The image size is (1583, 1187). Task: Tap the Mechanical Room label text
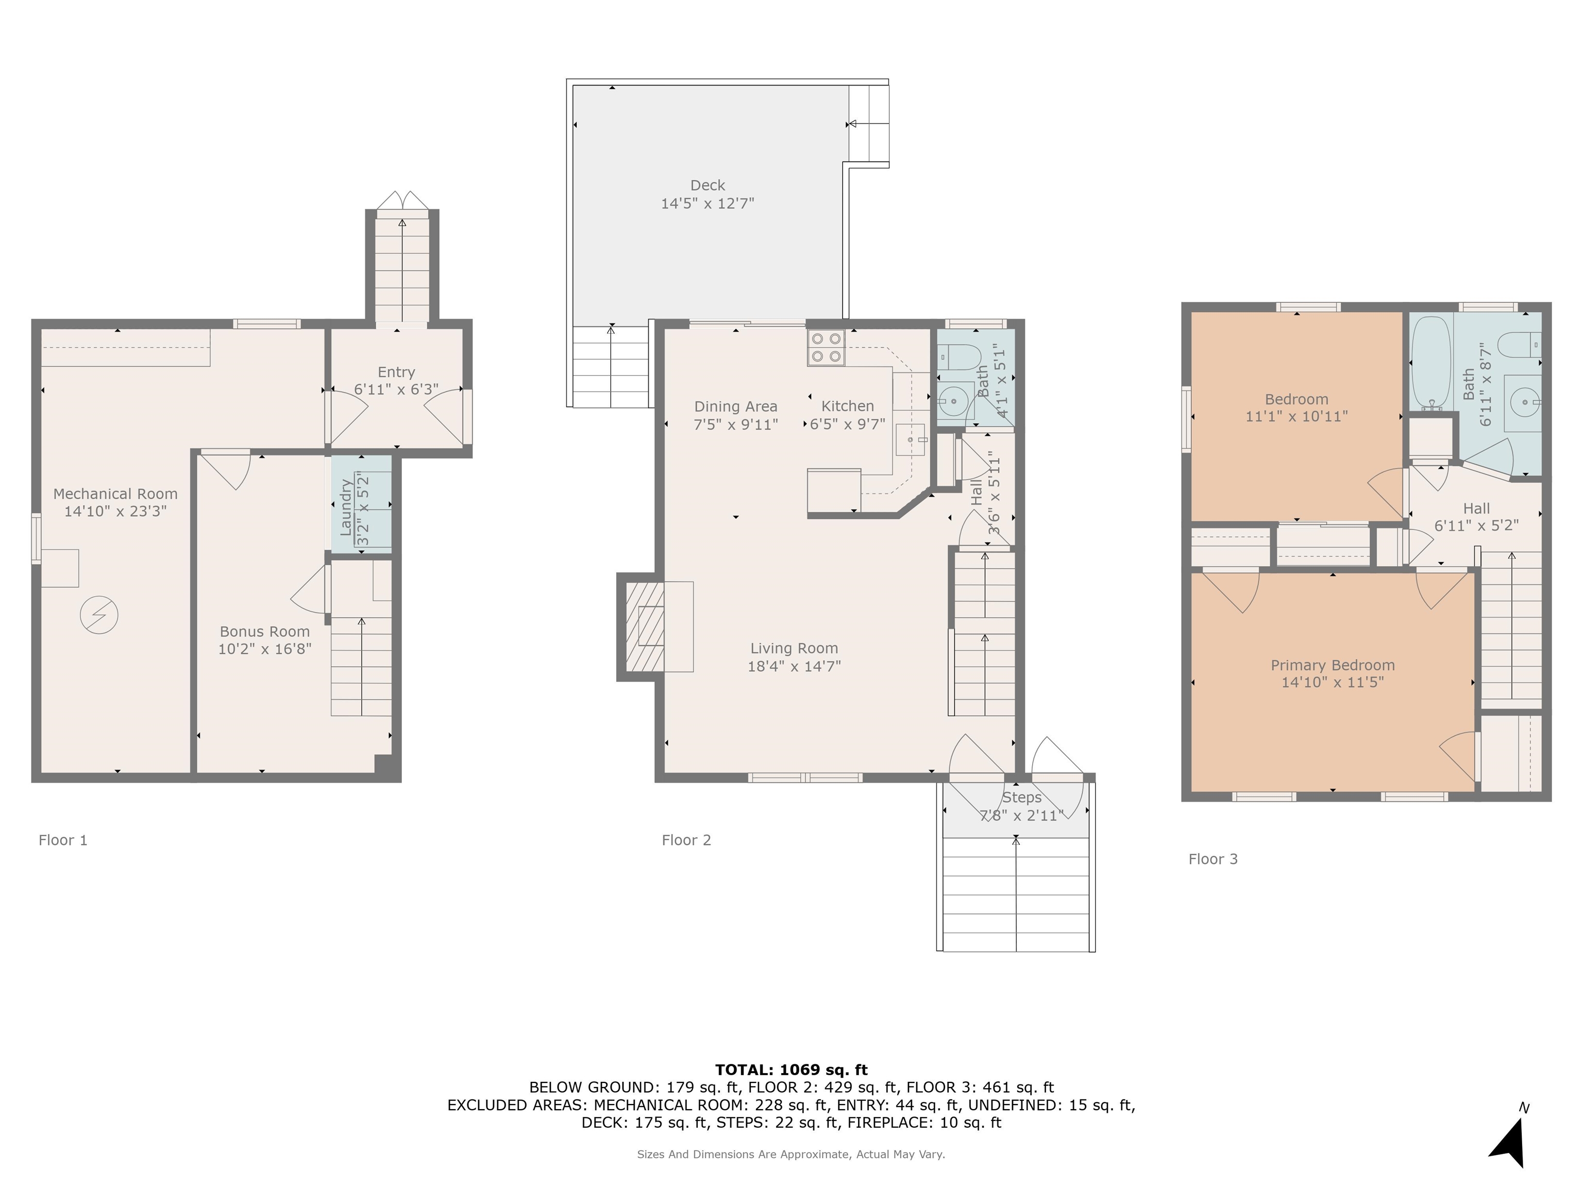click(115, 494)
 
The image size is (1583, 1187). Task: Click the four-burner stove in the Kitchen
click(826, 348)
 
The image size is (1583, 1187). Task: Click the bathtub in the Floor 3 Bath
click(1430, 364)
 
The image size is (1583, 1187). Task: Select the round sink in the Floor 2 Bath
click(952, 402)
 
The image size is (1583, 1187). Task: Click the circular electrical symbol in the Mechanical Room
click(99, 615)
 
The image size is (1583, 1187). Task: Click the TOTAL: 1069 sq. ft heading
click(791, 1070)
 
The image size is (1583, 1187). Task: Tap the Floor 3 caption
click(1213, 859)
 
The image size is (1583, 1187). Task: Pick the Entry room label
click(396, 372)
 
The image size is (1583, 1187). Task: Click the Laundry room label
click(346, 507)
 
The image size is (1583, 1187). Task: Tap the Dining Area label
click(736, 406)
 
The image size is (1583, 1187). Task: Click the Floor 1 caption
click(63, 840)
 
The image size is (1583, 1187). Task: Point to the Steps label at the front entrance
click(1021, 797)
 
